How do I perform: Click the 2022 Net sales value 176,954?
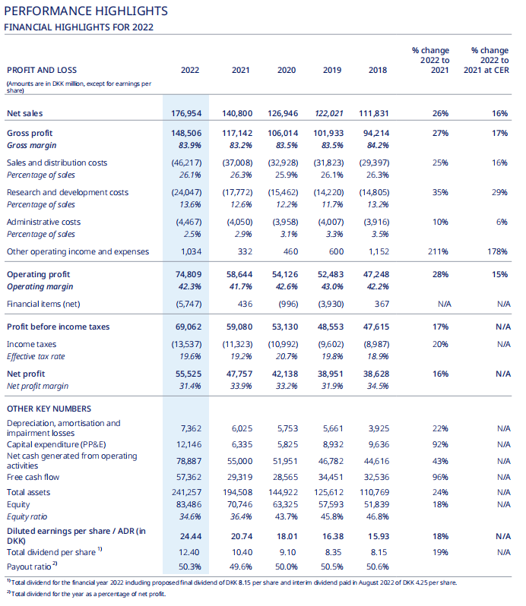(x=186, y=113)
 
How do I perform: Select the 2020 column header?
(x=287, y=70)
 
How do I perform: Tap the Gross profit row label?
(x=30, y=133)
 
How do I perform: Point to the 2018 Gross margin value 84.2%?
(x=378, y=145)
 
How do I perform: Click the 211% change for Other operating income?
(x=438, y=251)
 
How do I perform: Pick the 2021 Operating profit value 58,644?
(x=239, y=274)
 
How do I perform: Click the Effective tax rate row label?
(x=36, y=356)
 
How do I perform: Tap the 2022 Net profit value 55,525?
(x=189, y=374)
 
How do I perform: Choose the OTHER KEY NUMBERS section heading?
(x=49, y=409)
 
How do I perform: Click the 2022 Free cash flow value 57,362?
(x=189, y=478)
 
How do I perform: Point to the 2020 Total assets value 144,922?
(x=284, y=492)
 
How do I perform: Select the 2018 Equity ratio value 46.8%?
(x=378, y=516)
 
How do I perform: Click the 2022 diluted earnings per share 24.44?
(x=191, y=536)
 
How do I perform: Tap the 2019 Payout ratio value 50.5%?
(x=332, y=567)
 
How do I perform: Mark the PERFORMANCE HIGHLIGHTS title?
(x=86, y=11)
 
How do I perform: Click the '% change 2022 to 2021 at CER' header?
(x=486, y=60)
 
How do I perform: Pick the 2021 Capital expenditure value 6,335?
(x=242, y=444)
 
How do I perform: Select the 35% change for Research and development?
(x=441, y=192)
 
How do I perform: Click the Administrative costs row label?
(x=43, y=222)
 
